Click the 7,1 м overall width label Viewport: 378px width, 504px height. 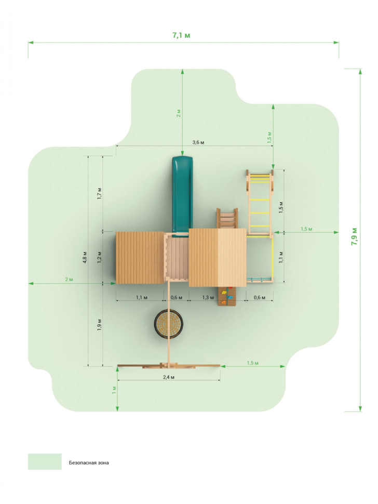tap(181, 35)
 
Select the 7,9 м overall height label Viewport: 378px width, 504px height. tap(354, 236)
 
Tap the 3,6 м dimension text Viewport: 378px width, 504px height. tap(198, 142)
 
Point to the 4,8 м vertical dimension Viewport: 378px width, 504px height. tap(85, 257)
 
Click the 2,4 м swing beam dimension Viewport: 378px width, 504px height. tap(169, 377)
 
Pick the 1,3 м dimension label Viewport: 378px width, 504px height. tap(208, 298)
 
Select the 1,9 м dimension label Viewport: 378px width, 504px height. tap(100, 325)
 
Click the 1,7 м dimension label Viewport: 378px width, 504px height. tap(100, 193)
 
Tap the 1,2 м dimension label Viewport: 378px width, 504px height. tap(100, 257)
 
